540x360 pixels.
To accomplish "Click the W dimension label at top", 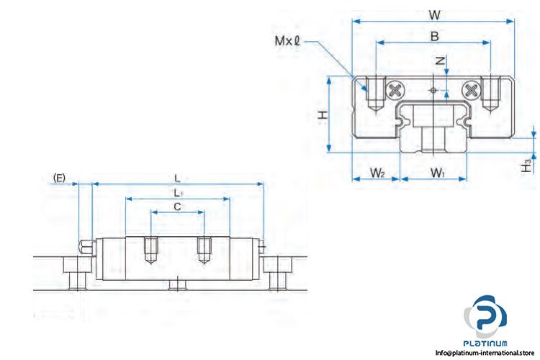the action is (435, 15).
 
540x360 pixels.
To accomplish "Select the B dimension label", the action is (435, 36).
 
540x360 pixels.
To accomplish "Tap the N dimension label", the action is (441, 61).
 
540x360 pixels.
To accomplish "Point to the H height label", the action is (323, 114).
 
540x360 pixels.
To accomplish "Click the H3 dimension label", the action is (526, 166).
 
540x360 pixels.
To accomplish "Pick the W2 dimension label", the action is (377, 173).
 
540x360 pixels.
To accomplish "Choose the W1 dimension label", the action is (438, 173).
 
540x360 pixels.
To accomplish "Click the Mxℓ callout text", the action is (287, 41).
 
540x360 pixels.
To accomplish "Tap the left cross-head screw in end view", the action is (395, 91).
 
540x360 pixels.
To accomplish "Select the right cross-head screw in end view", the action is (471, 91).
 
